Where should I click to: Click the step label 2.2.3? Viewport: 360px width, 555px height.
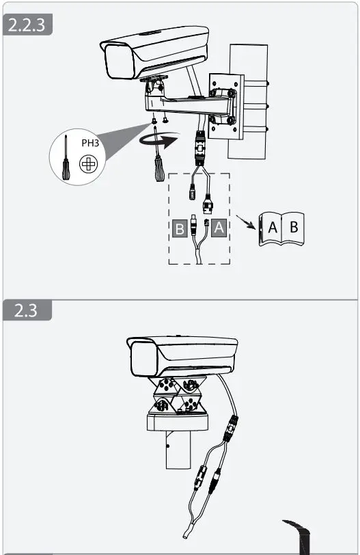click(28, 25)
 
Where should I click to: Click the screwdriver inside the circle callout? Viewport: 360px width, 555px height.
click(66, 158)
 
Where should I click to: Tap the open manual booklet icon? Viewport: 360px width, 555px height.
click(281, 228)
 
